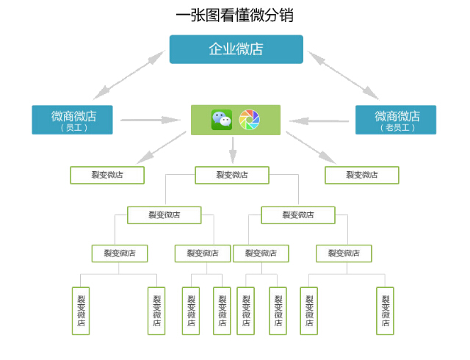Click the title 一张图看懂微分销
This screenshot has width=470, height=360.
tap(235, 15)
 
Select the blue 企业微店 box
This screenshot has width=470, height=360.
tap(236, 49)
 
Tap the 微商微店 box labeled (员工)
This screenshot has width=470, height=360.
tap(72, 120)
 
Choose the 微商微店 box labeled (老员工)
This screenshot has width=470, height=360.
tap(396, 120)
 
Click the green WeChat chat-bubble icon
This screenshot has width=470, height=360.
tap(222, 120)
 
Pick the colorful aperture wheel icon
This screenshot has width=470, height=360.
tap(250, 120)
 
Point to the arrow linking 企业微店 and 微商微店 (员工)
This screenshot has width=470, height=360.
tap(129, 75)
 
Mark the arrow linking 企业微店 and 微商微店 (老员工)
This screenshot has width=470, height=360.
tap(343, 75)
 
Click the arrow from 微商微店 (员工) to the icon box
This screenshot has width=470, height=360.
tap(151, 120)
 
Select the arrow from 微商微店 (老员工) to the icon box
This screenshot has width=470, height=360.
tap(319, 121)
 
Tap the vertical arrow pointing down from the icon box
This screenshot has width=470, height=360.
tap(233, 150)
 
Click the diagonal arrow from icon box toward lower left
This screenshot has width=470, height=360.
tap(162, 148)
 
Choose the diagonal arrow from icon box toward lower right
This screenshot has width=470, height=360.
tap(311, 148)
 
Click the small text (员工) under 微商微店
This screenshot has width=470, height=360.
tap(73, 128)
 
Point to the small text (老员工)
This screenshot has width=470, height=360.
tap(397, 128)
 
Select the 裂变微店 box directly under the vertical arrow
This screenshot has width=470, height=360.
tap(232, 175)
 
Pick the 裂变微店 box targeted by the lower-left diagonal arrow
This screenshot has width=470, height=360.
tap(107, 175)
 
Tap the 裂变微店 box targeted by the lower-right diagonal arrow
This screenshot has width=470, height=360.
tap(362, 175)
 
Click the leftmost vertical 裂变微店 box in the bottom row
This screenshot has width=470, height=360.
tap(81, 311)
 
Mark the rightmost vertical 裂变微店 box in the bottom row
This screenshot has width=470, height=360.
tap(385, 311)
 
